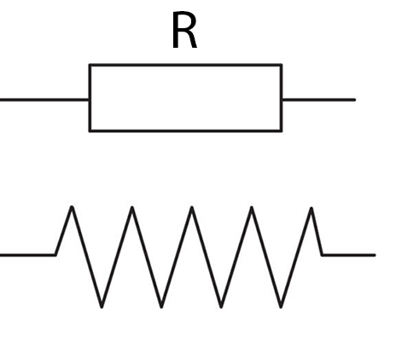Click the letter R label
(184, 30)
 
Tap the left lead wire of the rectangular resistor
(44, 100)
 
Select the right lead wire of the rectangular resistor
(319, 100)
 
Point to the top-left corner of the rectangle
(90, 65)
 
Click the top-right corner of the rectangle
(282, 65)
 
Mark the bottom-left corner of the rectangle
(90, 131)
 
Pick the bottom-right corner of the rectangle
(282, 131)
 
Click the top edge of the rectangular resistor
(185, 65)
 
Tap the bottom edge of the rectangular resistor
(185, 131)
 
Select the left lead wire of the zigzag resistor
(27, 255)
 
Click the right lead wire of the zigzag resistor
(349, 255)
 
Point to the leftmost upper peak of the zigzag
(72, 207)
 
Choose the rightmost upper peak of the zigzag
(312, 208)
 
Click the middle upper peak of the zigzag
(192, 207)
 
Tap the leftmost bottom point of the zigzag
(102, 306)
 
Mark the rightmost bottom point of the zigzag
(281, 306)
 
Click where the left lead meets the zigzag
(55, 255)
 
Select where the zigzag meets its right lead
(322, 255)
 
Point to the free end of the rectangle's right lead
(355, 100)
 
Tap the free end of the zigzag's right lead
(375, 255)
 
